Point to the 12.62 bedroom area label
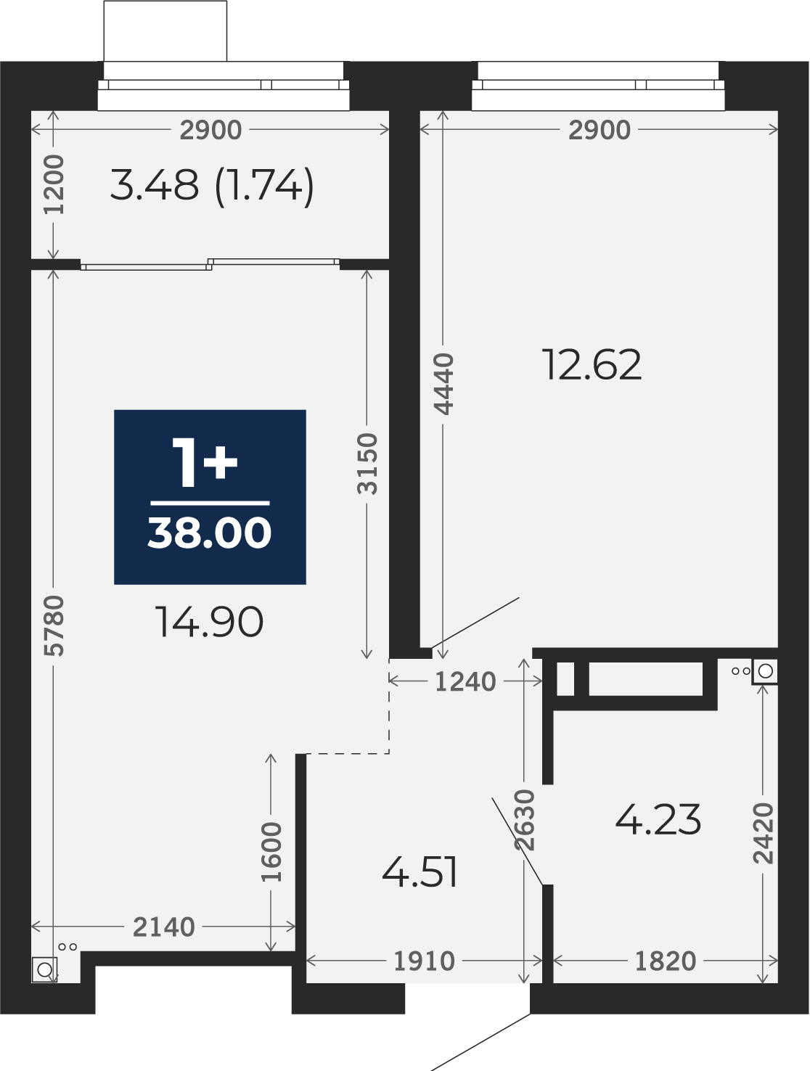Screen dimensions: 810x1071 (x=592, y=364)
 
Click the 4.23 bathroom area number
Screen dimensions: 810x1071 (x=658, y=820)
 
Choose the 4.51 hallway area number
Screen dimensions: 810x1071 (x=420, y=873)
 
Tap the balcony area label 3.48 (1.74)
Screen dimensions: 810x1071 (x=212, y=186)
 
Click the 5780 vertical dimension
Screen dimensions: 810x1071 (x=54, y=626)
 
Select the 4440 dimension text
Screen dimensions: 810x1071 (x=444, y=384)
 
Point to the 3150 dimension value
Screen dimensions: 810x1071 (x=367, y=464)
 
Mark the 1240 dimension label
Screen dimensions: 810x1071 (x=465, y=682)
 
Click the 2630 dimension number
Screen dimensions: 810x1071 (x=525, y=820)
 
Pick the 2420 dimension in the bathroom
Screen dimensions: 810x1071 (x=764, y=834)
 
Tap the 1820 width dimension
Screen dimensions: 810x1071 (x=665, y=961)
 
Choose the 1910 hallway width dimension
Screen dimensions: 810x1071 (x=424, y=961)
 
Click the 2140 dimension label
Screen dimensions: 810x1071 (x=164, y=927)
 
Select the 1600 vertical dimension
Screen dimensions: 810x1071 (x=271, y=853)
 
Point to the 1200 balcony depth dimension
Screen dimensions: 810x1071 (x=54, y=184)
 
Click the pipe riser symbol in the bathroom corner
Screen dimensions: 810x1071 (x=764, y=671)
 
